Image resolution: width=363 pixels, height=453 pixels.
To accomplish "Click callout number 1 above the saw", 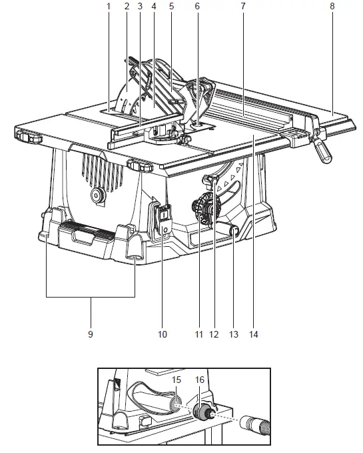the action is (109, 6).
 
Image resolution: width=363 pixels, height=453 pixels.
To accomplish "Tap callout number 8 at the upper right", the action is (332, 6).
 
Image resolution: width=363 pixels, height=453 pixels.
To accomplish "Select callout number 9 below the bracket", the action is (91, 334).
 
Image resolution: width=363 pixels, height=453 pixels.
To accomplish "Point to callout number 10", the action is (163, 334).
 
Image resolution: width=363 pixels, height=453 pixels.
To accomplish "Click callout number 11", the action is (199, 334).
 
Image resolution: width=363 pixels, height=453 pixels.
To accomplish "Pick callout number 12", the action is (214, 334).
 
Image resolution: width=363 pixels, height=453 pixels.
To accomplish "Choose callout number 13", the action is (234, 334).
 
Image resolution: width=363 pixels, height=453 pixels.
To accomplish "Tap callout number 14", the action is (254, 334).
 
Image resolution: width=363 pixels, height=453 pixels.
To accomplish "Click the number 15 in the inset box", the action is (177, 380).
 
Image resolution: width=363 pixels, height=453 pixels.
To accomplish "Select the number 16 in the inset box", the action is (200, 380).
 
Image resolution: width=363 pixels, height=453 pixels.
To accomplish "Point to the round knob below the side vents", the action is (97, 196).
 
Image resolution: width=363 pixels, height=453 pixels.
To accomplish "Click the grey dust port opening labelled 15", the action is (176, 404).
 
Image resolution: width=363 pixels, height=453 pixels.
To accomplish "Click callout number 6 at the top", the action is (197, 6).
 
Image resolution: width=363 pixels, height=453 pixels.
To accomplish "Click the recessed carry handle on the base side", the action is (84, 236).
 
